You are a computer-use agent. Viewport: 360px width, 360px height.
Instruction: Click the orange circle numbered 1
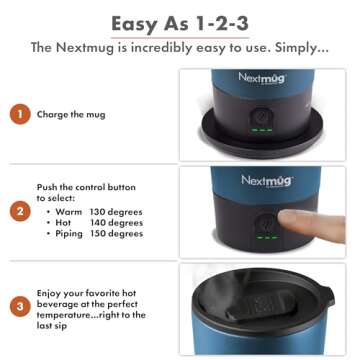(20, 114)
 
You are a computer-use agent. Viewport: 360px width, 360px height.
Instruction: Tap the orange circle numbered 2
(20, 211)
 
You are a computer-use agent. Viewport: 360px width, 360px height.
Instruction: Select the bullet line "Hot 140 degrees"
(93, 223)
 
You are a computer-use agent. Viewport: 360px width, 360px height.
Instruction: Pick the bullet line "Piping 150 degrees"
(95, 234)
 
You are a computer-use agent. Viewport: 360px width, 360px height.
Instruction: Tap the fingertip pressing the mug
(290, 221)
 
